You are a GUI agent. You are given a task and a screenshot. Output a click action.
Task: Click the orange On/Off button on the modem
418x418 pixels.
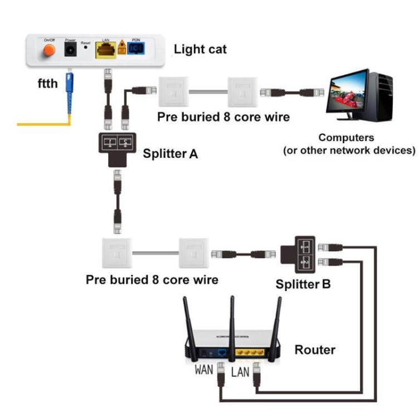[48, 51]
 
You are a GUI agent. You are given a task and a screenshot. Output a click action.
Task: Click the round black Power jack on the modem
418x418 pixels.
[71, 51]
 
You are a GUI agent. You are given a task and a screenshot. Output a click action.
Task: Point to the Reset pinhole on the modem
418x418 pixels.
[85, 48]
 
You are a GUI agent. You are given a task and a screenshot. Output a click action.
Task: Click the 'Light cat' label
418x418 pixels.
[200, 49]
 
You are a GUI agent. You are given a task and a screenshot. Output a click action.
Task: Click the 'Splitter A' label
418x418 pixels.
[171, 153]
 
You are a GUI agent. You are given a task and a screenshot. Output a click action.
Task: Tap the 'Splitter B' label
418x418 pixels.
[303, 284]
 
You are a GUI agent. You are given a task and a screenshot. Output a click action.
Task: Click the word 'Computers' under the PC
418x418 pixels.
[346, 138]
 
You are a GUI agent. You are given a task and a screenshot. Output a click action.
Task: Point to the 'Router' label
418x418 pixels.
[315, 350]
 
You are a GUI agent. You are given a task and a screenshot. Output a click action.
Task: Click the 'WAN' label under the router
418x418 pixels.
[203, 369]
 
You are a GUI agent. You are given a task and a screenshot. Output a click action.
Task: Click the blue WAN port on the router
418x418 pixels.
[222, 353]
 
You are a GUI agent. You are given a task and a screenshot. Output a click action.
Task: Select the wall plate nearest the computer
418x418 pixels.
[244, 91]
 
